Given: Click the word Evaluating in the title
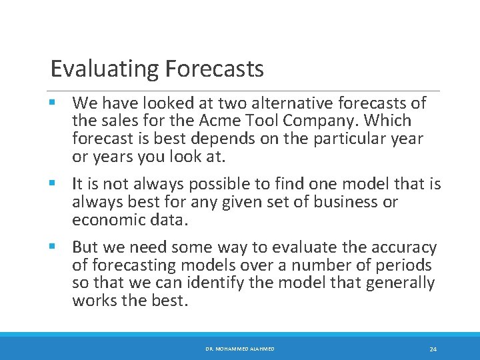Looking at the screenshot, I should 95,69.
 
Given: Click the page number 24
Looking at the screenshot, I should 433,349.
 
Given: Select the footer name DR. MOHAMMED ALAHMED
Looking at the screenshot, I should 239,349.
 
